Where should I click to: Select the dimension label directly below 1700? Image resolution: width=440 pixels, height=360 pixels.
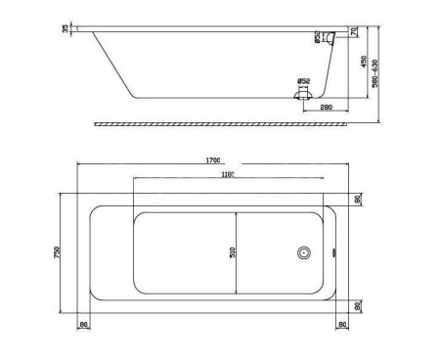(231, 174)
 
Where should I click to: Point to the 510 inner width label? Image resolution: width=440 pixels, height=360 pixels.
(233, 251)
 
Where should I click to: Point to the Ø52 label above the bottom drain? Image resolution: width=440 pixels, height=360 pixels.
(304, 81)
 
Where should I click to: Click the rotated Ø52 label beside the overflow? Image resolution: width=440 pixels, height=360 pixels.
(319, 38)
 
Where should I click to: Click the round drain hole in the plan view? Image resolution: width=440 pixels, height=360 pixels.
(305, 252)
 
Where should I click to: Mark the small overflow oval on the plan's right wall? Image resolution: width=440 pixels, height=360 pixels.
(335, 252)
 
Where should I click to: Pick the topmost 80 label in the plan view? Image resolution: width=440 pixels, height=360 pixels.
(358, 199)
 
